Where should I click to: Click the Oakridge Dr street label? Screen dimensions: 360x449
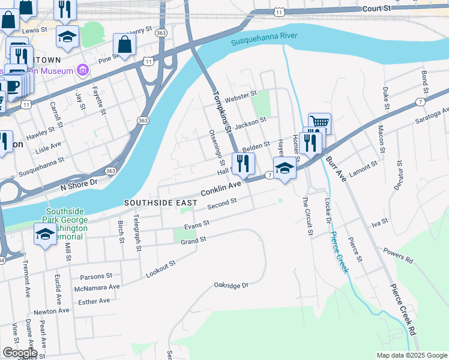[231, 286]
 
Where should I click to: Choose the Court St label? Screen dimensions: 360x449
[376, 9]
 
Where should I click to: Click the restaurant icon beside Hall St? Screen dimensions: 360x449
[243, 163]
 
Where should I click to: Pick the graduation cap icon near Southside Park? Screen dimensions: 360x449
[45, 233]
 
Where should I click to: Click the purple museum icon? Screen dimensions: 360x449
[83, 71]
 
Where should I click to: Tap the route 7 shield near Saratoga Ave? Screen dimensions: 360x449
[421, 103]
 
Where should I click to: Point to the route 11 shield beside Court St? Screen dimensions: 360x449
[278, 11]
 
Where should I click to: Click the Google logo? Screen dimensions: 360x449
[20, 353]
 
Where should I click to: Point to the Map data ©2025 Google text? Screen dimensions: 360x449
[411, 355]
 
